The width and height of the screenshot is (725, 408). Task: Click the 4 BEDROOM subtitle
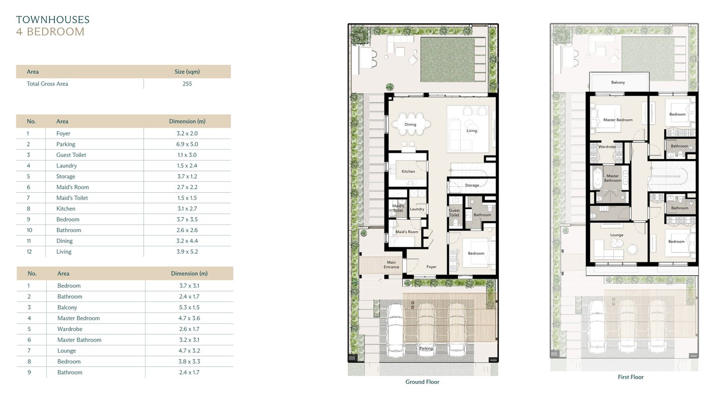tap(50, 32)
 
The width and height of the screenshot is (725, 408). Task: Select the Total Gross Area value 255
tap(187, 83)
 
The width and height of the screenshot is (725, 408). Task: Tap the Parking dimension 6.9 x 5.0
tap(187, 144)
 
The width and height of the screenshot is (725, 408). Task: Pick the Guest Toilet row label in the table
tap(71, 155)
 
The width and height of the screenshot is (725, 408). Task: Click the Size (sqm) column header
tap(187, 72)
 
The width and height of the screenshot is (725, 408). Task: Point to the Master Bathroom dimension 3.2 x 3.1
tap(189, 340)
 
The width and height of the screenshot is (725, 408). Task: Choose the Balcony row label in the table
tap(68, 307)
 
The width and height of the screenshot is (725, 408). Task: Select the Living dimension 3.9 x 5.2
tap(187, 252)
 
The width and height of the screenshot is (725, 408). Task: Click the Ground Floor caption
tap(422, 382)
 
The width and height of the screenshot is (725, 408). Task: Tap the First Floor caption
tap(630, 377)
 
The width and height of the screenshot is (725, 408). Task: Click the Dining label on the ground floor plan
tap(410, 124)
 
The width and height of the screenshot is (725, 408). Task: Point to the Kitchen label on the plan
tap(408, 171)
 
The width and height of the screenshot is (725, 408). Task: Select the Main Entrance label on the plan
tap(391, 265)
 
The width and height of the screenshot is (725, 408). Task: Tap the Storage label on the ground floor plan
tap(472, 185)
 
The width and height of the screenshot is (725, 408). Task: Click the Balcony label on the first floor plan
tap(618, 82)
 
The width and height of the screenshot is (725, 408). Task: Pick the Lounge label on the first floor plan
tap(617, 235)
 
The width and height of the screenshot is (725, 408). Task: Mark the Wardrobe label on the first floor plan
tap(607, 147)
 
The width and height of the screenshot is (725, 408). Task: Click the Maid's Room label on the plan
tap(406, 232)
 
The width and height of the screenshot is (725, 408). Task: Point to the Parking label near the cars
tap(426, 348)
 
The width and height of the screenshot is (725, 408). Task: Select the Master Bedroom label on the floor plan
tap(618, 120)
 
